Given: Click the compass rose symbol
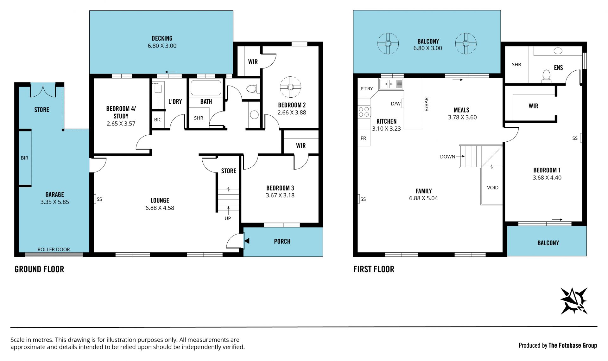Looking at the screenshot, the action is [x=574, y=301].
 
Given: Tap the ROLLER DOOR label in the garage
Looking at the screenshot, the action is [x=54, y=249].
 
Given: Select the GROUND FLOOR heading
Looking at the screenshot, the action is [x=39, y=269].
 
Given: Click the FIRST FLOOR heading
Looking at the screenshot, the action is [x=374, y=269].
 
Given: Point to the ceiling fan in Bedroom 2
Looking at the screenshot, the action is [x=290, y=87].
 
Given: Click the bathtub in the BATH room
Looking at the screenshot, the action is [x=206, y=88].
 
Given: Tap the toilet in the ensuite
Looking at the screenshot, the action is [x=546, y=76].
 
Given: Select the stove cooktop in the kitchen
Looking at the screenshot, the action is [x=364, y=112].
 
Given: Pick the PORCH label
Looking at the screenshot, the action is [x=282, y=242].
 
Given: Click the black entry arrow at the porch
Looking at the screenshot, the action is [x=247, y=241].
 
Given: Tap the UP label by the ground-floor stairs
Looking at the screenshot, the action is [x=228, y=218].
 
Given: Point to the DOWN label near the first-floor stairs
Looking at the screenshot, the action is [x=447, y=157].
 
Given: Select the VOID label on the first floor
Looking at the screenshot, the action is [x=493, y=188].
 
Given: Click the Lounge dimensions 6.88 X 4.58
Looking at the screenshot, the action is [x=160, y=208].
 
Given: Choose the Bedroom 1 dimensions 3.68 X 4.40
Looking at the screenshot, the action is [x=547, y=178].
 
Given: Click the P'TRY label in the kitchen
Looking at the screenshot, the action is [x=367, y=89].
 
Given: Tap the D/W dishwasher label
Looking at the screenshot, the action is [x=396, y=104].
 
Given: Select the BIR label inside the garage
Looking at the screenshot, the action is [x=24, y=158].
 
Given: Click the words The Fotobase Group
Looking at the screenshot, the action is [x=573, y=345].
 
